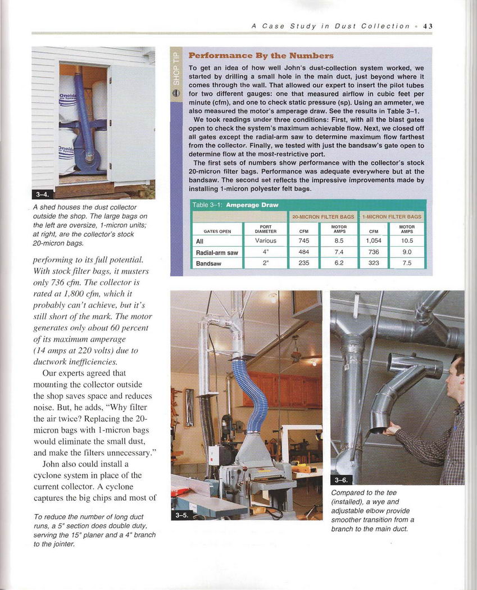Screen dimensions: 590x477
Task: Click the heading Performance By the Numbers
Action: click(261, 56)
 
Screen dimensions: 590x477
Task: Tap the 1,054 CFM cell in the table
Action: click(374, 240)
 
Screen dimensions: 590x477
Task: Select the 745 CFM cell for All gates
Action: click(304, 240)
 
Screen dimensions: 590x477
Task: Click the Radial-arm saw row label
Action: click(217, 252)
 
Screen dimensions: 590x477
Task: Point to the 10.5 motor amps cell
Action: click(407, 240)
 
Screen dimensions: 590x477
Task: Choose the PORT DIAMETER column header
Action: click(265, 229)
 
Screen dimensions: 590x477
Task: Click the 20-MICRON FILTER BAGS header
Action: click(322, 216)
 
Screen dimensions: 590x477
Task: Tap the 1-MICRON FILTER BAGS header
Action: click(392, 216)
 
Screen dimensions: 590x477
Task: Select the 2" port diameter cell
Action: click(265, 263)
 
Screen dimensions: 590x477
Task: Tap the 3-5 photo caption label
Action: click(180, 516)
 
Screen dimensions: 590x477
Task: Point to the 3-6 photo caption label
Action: click(341, 480)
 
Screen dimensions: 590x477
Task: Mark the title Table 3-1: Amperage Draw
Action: click(231, 205)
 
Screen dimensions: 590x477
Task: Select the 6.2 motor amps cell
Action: click(339, 263)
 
